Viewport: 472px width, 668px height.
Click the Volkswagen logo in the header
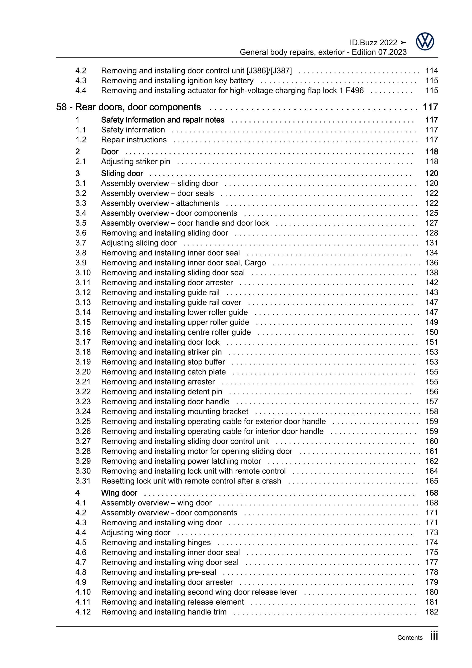click(425, 42)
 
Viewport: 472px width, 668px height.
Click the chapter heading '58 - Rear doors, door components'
click(128, 107)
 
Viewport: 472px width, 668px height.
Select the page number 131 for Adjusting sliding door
click(432, 243)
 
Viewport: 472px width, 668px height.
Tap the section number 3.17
click(83, 342)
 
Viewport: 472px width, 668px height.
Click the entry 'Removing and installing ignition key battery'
click(177, 81)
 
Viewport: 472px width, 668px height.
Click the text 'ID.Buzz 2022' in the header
click(373, 43)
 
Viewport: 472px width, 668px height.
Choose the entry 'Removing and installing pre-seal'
click(158, 572)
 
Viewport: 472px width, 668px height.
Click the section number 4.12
click(83, 612)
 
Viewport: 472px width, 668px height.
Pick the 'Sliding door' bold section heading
click(122, 173)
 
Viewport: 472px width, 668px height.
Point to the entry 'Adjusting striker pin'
click(136, 162)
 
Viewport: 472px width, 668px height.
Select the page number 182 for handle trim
click(432, 612)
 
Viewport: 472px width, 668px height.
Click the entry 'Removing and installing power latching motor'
click(181, 461)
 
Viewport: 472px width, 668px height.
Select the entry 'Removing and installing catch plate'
click(163, 372)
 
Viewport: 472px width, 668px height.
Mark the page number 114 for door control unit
click(432, 71)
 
